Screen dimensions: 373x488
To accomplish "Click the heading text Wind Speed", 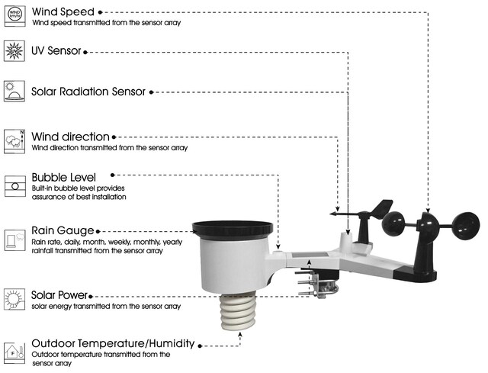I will click(63, 11).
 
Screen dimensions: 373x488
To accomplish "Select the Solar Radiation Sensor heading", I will click(88, 92).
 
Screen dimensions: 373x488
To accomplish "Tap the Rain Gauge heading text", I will click(63, 230).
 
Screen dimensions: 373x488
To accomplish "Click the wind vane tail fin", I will click(384, 209).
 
